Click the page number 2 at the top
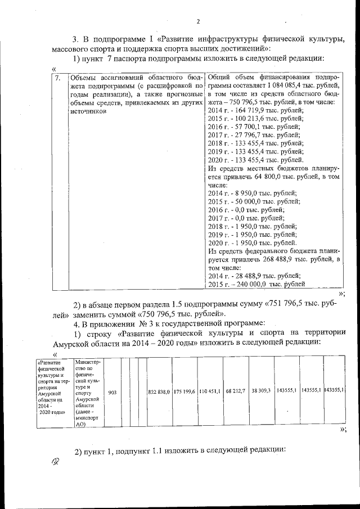[x=198, y=22]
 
